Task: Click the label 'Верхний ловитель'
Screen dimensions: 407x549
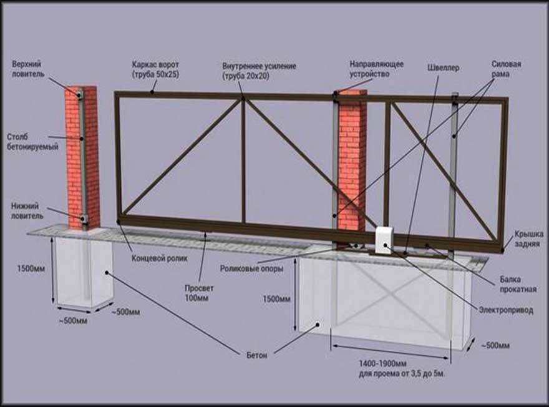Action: (29, 68)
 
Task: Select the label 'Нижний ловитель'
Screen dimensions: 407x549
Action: (27, 210)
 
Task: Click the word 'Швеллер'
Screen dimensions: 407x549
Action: (444, 67)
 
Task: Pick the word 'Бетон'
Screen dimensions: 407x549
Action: (256, 355)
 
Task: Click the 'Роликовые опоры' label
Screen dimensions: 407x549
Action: (251, 268)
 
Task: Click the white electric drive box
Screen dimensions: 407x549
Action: (384, 239)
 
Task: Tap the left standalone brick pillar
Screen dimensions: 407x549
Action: (83, 156)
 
